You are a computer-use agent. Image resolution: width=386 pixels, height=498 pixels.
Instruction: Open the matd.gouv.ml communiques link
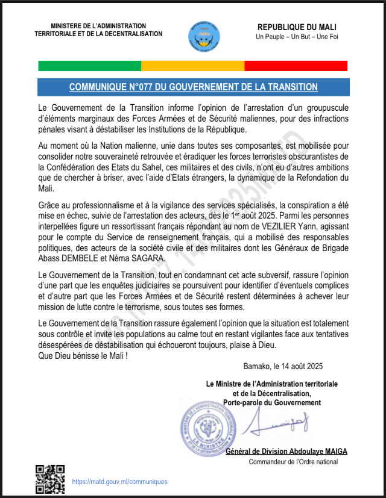click(x=119, y=482)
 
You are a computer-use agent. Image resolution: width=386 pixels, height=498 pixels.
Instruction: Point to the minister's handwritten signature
click(x=280, y=426)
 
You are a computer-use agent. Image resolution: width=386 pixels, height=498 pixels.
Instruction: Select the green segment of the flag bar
click(x=89, y=66)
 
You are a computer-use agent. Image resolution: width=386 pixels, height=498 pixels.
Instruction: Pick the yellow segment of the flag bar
click(x=192, y=66)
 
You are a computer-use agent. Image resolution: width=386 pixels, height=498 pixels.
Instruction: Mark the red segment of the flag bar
click(x=296, y=66)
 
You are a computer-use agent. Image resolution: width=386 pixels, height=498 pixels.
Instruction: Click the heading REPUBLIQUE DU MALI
click(x=297, y=27)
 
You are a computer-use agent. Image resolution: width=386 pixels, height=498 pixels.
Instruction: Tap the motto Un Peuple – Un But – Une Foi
click(x=297, y=38)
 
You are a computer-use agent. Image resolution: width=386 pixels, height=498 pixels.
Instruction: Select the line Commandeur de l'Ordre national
click(x=294, y=462)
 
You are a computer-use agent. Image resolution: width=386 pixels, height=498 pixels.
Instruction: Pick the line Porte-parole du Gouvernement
click(x=271, y=402)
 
